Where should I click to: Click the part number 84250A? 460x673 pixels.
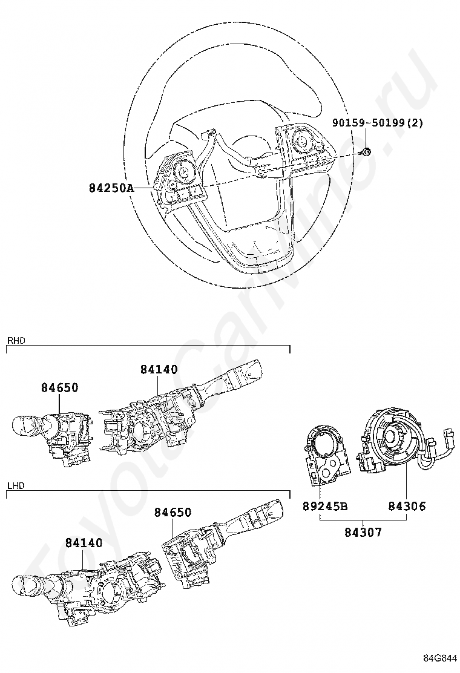click(111, 188)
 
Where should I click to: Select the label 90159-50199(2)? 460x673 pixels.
click(377, 123)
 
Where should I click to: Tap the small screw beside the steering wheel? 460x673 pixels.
click(367, 152)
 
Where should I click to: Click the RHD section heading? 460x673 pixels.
click(16, 341)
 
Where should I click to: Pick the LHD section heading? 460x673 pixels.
click(15, 486)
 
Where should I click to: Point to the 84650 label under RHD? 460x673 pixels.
click(60, 388)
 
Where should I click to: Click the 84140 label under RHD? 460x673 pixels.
click(159, 369)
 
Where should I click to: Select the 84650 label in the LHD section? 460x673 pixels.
click(172, 513)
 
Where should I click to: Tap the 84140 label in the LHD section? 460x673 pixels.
click(84, 543)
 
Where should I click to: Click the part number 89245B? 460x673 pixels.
click(325, 506)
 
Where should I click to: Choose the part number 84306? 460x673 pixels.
click(407, 506)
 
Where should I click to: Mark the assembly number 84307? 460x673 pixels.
click(363, 532)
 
